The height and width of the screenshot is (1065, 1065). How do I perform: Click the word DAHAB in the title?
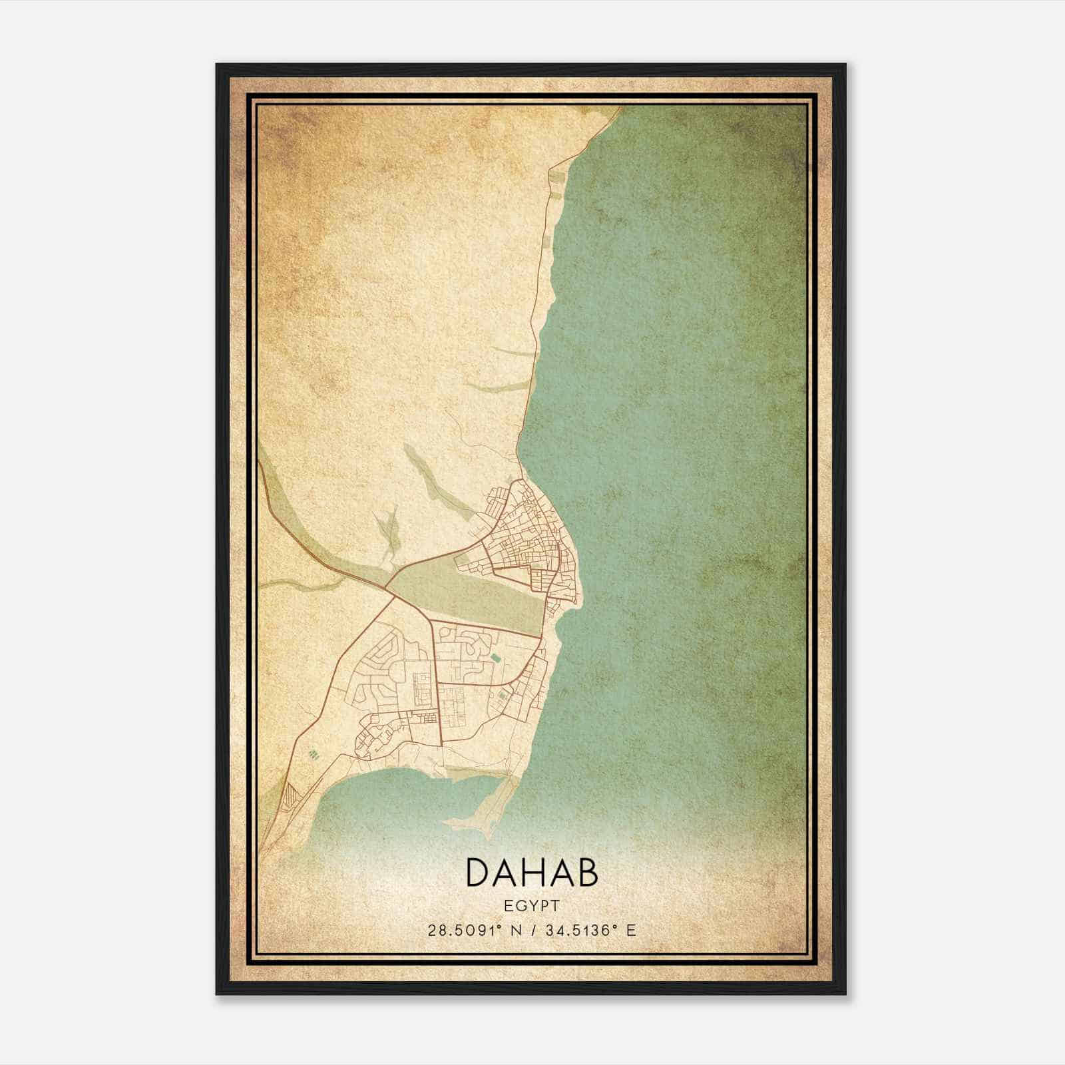pos(532,873)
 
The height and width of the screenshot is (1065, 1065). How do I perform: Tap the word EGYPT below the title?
pos(532,905)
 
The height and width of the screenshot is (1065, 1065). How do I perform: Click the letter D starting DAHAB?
pos(480,873)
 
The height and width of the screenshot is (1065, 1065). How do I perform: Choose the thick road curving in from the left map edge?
pos(293,526)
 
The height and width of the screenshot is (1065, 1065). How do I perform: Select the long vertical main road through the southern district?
pos(438,686)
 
